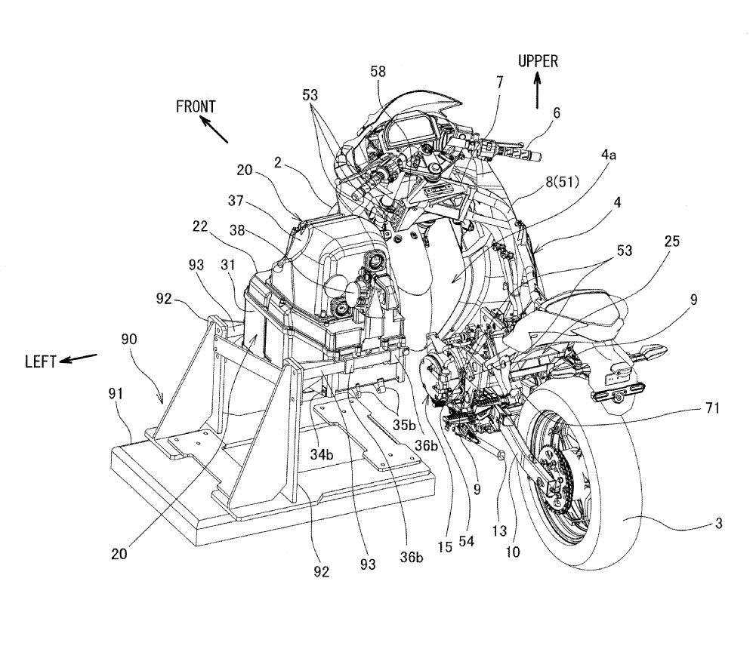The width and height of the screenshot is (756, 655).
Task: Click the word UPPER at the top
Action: point(538,62)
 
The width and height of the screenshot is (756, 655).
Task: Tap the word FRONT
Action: point(196,106)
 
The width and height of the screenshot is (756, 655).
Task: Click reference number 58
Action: point(378,72)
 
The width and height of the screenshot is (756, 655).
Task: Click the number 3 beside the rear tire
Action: point(718,523)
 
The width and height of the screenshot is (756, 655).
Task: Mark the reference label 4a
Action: point(608,155)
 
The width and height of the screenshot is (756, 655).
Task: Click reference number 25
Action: point(672,241)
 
